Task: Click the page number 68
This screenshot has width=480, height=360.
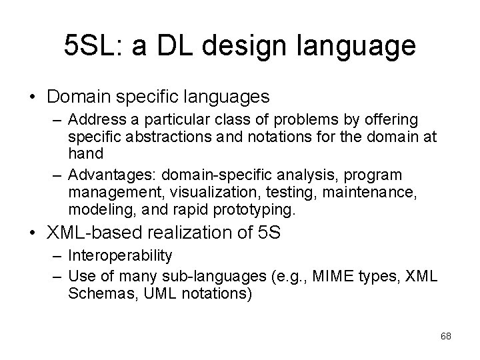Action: coord(446,336)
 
